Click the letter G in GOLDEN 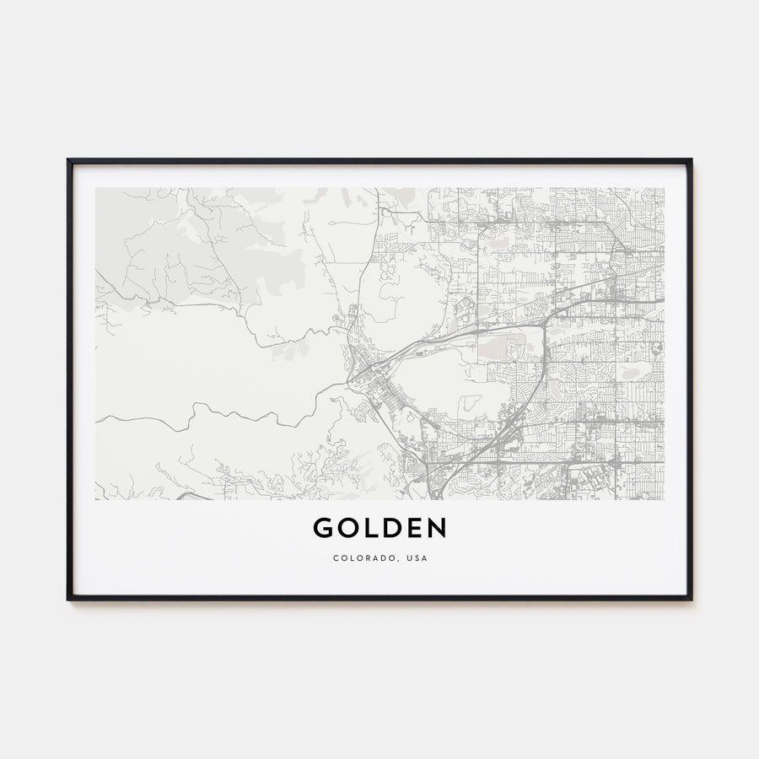click(323, 529)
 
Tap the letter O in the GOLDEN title click(347, 529)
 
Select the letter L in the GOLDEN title click(369, 529)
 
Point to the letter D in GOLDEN click(390, 529)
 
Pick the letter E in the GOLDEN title click(413, 529)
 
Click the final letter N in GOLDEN click(436, 529)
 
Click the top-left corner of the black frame click(68, 160)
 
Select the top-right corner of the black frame click(691, 160)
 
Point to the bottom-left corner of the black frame click(68, 599)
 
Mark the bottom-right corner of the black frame click(691, 599)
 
